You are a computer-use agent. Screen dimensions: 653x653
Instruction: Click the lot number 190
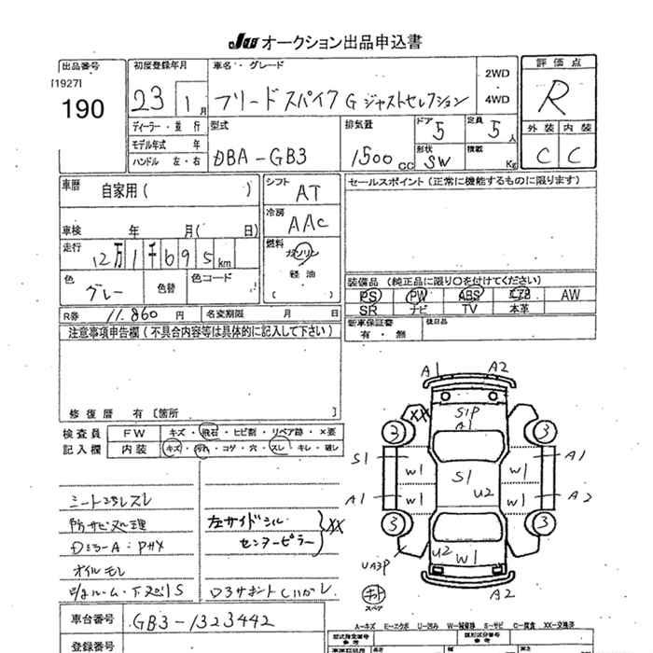83,107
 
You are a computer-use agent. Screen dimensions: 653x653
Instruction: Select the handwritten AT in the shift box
307,193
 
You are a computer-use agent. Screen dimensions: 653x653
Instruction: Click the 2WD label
497,73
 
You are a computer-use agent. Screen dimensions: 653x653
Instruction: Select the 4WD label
497,98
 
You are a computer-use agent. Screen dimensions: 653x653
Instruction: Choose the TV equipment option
469,308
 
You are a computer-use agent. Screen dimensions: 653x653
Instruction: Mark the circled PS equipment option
369,295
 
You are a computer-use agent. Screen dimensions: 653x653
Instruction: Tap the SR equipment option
368,308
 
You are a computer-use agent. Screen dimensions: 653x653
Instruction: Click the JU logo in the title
242,42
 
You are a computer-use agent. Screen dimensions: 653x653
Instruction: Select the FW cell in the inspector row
137,433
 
